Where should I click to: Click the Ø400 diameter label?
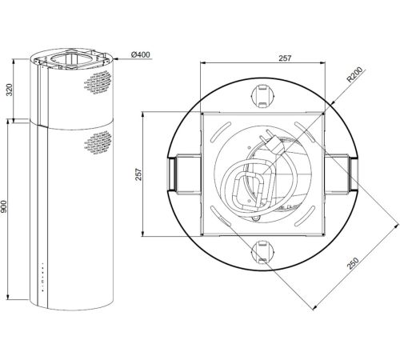tap(141, 54)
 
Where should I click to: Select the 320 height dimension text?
tap(10, 90)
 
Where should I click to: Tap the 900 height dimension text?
tap(4, 206)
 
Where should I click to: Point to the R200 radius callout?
tap(354, 74)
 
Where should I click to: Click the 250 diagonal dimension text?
tap(353, 263)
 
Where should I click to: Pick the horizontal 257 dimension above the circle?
tap(285, 58)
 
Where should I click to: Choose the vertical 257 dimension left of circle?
tap(138, 174)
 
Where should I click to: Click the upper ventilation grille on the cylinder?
tap(98, 82)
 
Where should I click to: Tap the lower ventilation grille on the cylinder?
tap(98, 142)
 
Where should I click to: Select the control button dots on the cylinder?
tap(42, 277)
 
